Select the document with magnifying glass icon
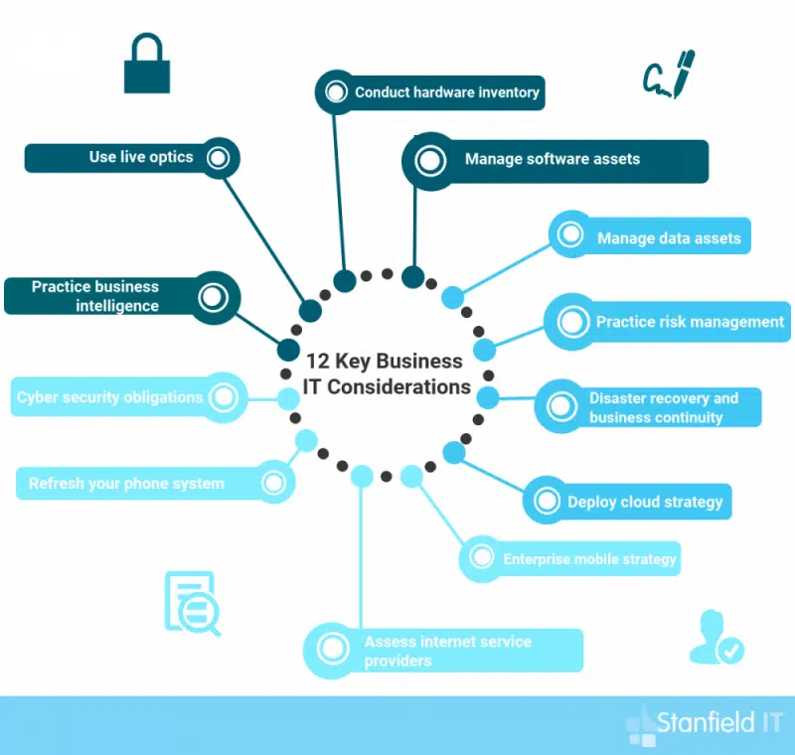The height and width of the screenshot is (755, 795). [191, 603]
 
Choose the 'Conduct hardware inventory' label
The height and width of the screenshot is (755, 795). [447, 92]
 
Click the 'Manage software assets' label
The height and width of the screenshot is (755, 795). [553, 159]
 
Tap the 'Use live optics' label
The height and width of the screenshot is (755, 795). [141, 157]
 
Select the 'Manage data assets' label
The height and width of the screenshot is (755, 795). [669, 238]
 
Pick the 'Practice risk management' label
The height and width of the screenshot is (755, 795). [690, 322]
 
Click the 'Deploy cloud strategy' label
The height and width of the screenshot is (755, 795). [645, 502]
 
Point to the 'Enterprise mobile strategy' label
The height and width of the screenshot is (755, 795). [589, 559]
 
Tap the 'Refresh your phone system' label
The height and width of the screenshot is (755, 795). [126, 484]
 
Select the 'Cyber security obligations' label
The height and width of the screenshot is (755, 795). [109, 397]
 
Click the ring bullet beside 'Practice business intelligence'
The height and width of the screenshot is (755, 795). [214, 296]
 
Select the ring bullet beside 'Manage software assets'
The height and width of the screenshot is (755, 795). [429, 161]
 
